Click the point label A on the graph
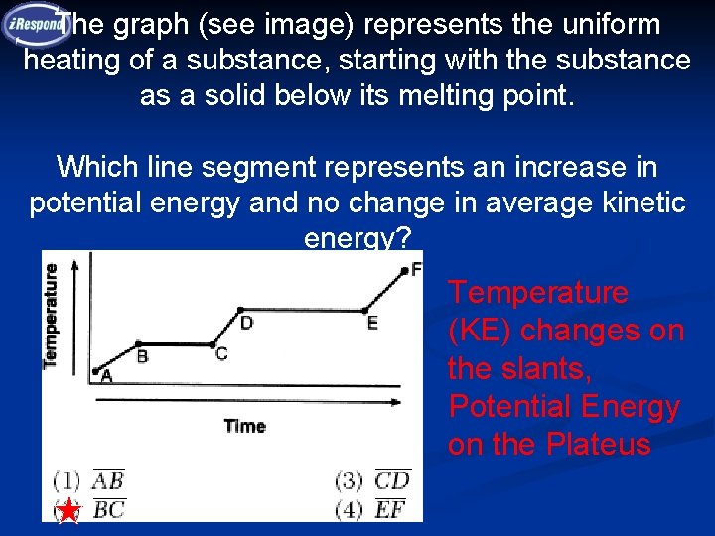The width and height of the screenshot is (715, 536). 106,377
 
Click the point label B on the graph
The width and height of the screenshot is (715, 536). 142,356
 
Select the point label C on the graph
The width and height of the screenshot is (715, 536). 220,353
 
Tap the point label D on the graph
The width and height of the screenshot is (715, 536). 246,322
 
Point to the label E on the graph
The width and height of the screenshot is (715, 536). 372,323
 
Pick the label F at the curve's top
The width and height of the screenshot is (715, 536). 415,268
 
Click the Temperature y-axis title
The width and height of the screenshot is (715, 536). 51,315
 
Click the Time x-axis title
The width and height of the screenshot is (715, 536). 244,426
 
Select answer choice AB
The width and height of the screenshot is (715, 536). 107,481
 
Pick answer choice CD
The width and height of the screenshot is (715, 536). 392,481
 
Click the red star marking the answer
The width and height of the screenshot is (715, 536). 68,511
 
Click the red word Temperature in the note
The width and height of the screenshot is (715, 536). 537,293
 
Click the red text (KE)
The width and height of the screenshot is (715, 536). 481,331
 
